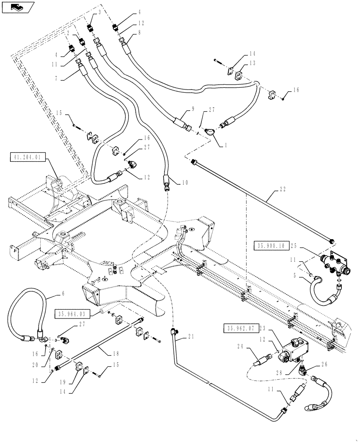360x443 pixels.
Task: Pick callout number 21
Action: [191, 337]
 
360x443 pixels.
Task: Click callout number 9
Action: [193, 109]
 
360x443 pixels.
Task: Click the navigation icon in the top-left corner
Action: [16, 7]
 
